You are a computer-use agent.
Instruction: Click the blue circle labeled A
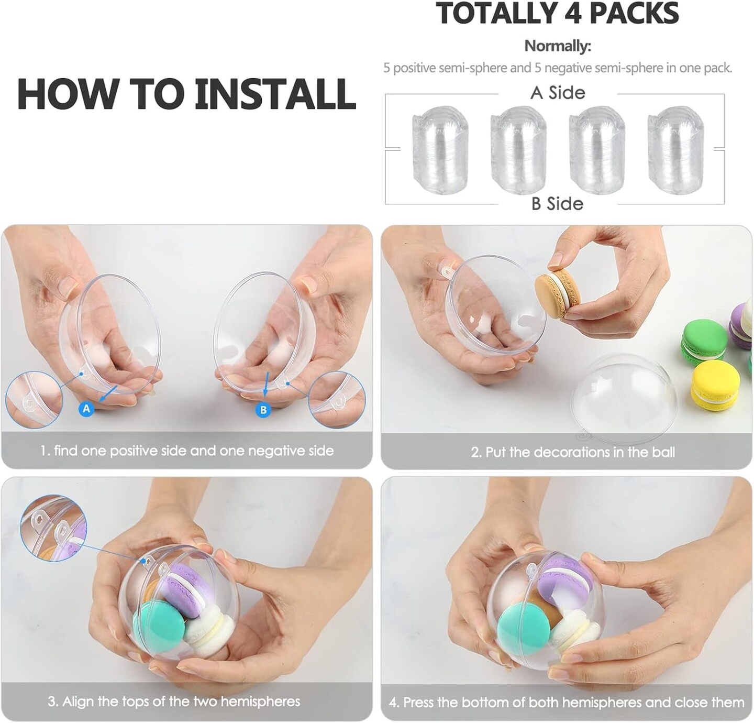click(86, 409)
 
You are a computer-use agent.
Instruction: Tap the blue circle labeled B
click(263, 410)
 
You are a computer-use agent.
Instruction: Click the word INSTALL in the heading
click(275, 94)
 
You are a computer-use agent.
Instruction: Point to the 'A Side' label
click(558, 93)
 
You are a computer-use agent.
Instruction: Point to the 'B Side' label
click(557, 203)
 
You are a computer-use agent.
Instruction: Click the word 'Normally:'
click(558, 46)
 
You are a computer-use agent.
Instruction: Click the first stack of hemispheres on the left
click(440, 149)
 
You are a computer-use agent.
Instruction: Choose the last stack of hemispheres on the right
click(676, 149)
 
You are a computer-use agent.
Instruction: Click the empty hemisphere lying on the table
click(624, 400)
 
